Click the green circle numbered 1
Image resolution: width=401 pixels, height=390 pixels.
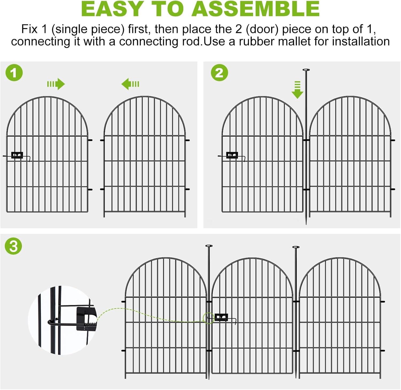click(x=14, y=73)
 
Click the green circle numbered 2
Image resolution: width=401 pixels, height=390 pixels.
click(x=219, y=73)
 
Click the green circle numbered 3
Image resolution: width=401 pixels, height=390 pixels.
click(x=13, y=246)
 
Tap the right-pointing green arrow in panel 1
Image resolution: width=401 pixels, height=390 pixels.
click(x=56, y=84)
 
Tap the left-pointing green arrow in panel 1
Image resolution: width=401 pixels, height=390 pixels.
click(x=130, y=84)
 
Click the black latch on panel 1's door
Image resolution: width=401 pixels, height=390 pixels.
click(x=17, y=155)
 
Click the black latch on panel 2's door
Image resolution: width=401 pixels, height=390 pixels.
click(x=232, y=155)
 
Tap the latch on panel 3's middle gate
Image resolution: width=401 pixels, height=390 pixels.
click(x=221, y=318)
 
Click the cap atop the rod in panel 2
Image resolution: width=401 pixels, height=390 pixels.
click(x=306, y=70)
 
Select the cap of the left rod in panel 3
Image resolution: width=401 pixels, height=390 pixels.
click(x=209, y=246)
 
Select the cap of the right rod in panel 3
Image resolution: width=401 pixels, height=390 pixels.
click(x=296, y=247)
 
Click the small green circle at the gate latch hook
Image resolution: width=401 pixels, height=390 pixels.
click(x=209, y=318)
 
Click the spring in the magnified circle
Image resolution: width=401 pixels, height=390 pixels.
click(x=90, y=326)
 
